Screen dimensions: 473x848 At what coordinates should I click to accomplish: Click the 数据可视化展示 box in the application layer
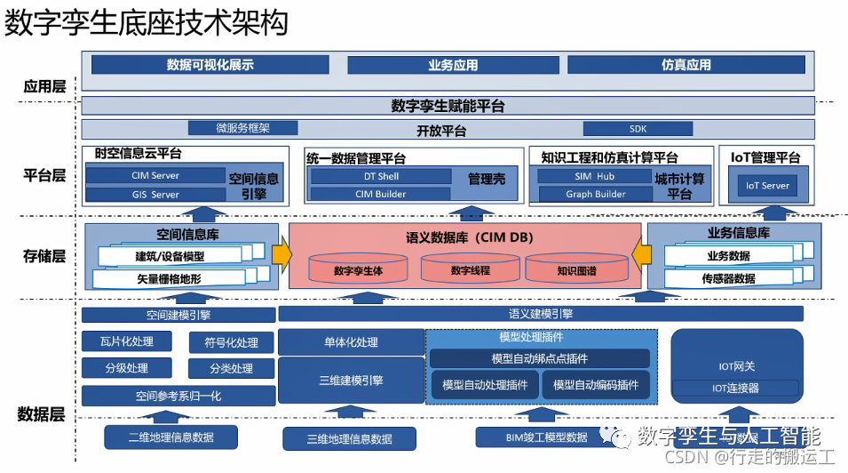(x=210, y=65)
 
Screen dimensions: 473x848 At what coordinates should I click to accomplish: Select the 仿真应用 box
(x=686, y=65)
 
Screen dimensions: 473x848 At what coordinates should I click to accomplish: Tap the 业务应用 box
(x=452, y=65)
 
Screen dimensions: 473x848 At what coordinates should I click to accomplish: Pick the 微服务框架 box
(x=242, y=128)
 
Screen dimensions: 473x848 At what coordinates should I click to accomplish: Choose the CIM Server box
(x=155, y=176)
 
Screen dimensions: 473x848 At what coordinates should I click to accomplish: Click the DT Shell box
(x=381, y=176)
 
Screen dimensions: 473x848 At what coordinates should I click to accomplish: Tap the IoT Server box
(x=767, y=186)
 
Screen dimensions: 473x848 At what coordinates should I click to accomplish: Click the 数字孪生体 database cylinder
(x=358, y=270)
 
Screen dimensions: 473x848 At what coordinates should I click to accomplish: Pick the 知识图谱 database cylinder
(x=576, y=270)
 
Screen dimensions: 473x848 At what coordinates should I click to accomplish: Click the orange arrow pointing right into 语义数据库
(x=281, y=254)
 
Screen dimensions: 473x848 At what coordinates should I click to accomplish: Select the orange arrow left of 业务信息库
(x=641, y=254)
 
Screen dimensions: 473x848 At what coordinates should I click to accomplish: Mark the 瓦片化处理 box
(x=129, y=342)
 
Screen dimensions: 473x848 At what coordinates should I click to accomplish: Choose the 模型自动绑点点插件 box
(x=539, y=359)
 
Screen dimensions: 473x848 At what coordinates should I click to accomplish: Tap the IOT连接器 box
(x=736, y=389)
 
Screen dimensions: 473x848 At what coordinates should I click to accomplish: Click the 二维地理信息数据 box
(x=170, y=437)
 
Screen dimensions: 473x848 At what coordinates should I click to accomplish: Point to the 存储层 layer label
(x=44, y=256)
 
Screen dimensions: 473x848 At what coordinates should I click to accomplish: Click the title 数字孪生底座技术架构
(x=147, y=23)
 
